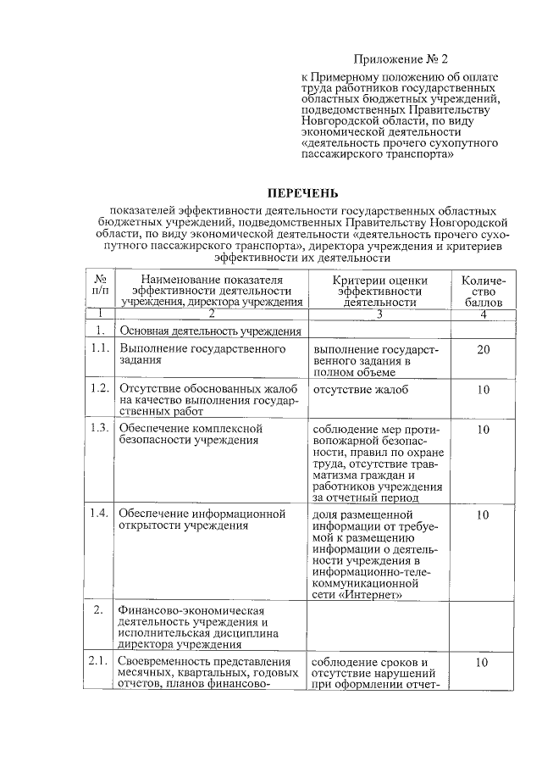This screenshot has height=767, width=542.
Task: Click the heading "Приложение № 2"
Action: pyautogui.click(x=399, y=59)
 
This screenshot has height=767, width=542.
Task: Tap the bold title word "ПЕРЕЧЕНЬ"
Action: pyautogui.click(x=303, y=193)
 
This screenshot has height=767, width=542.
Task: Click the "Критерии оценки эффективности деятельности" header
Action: pyautogui.click(x=379, y=291)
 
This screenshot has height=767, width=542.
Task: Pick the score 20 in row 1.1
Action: pyautogui.click(x=484, y=349)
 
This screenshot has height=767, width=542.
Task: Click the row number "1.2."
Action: pyautogui.click(x=99, y=389)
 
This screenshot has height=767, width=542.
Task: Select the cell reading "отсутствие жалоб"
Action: pyautogui.click(x=360, y=390)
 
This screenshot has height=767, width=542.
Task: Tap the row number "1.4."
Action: pyautogui.click(x=99, y=514)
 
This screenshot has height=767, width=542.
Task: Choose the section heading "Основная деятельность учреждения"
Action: pyautogui.click(x=223, y=331)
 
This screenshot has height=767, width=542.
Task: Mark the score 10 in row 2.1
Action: pyautogui.click(x=484, y=663)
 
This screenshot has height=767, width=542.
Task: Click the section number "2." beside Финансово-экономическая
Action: pyautogui.click(x=99, y=609)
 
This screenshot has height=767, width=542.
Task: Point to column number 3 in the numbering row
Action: pyautogui.click(x=379, y=314)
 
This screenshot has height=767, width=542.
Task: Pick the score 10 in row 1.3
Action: pyautogui.click(x=484, y=430)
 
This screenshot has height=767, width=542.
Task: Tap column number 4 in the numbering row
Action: pyautogui.click(x=483, y=314)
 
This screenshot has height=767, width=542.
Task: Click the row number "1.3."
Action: pyautogui.click(x=99, y=429)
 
